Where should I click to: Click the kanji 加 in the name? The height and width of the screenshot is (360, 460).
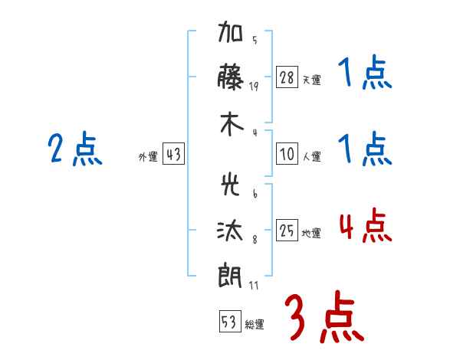230,31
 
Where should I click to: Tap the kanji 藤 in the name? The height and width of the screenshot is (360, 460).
230,77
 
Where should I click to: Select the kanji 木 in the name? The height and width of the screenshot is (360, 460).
232,124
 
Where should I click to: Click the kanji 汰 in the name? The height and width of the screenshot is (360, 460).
230,231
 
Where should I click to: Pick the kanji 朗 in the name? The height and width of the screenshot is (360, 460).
230,275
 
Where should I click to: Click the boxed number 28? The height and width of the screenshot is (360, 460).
287,77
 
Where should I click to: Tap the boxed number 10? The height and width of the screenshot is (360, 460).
287,154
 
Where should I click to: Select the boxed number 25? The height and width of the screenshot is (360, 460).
287,230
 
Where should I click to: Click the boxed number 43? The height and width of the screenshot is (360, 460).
173,154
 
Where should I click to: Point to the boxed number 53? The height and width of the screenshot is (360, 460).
230,321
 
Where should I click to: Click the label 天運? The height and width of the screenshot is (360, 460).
312,80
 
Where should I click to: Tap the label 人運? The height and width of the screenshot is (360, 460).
312,156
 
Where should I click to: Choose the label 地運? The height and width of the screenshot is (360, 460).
311,233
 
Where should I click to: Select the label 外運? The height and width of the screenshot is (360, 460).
148,156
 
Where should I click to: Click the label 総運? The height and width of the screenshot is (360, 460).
255,324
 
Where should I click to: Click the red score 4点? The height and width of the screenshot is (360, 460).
365,226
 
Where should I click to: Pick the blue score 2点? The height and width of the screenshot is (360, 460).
75,149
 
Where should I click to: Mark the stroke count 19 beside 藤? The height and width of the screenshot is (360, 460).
254,87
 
